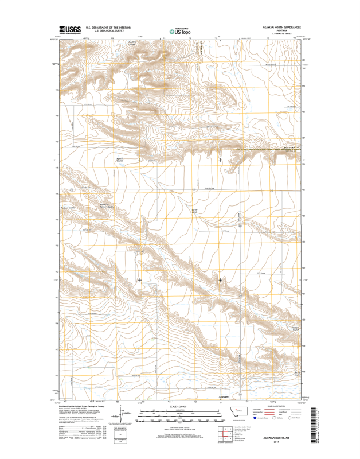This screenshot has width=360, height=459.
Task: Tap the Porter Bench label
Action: pos(194,211)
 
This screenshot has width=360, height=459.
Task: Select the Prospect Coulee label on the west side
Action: pos(68,208)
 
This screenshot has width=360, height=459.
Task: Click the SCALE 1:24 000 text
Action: pos(179,406)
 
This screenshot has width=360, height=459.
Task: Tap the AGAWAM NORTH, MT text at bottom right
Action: pos(281,437)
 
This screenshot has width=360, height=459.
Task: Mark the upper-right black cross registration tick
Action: pos(221,160)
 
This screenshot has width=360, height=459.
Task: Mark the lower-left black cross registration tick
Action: pos(140,280)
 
